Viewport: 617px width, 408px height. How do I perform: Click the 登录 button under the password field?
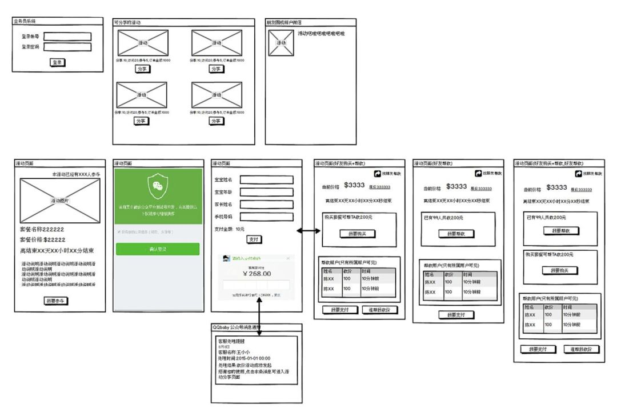tap(57, 62)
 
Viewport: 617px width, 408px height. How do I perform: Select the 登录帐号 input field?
tap(67, 37)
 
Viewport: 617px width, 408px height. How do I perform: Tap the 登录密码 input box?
tap(67, 47)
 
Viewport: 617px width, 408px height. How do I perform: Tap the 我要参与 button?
tap(57, 301)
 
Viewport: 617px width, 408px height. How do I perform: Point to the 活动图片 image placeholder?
tap(60, 200)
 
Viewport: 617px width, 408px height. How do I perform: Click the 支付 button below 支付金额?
tap(254, 239)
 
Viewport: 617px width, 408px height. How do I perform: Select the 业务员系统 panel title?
tap(25, 21)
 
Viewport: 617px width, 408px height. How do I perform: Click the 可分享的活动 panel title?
tap(128, 22)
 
